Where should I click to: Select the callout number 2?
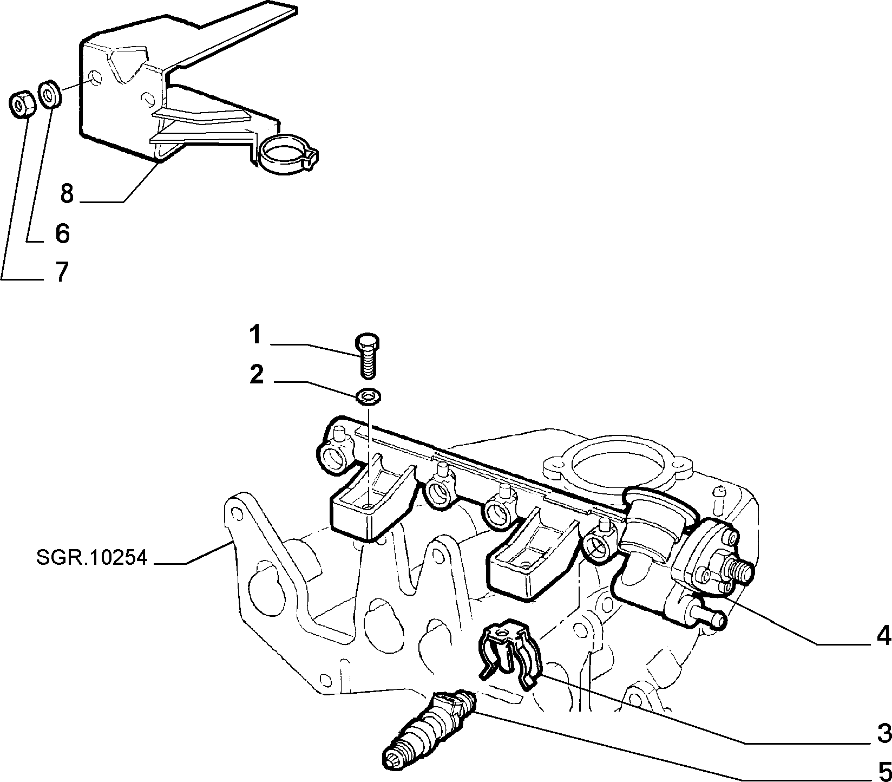(257, 375)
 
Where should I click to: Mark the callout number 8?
(67, 193)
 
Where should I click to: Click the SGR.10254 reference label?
(92, 557)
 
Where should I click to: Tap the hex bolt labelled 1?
(368, 355)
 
